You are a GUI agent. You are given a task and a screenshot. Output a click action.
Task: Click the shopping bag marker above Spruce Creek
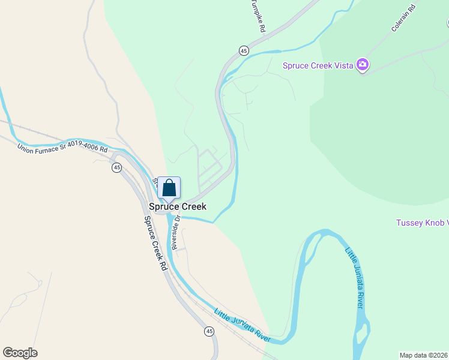click(x=169, y=188)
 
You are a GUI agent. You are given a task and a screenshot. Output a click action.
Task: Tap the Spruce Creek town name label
click(x=178, y=206)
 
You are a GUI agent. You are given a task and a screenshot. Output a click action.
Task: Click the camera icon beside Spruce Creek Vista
click(x=362, y=65)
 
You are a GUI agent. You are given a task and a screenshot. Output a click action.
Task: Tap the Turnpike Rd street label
click(x=258, y=15)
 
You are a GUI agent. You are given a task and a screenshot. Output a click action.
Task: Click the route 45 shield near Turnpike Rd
click(x=243, y=50)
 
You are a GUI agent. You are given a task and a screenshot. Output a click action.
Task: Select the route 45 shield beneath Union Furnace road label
click(x=116, y=167)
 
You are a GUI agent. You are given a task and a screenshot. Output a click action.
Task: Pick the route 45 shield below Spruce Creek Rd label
click(x=209, y=331)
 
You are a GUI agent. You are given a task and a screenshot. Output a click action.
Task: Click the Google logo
click(x=20, y=353)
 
